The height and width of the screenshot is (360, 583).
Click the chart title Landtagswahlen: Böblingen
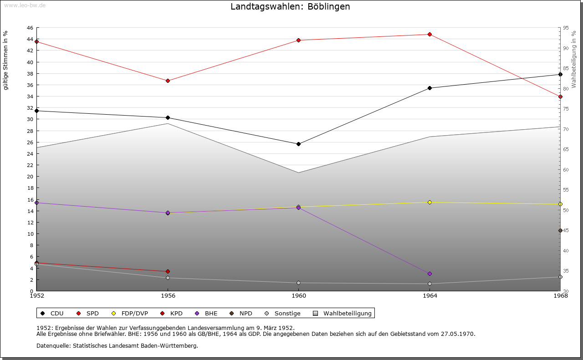(290, 6)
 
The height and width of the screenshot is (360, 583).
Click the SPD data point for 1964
(430, 34)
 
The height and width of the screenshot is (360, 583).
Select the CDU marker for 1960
(299, 144)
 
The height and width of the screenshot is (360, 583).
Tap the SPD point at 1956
(168, 81)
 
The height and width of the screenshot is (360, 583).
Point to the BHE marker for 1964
(430, 274)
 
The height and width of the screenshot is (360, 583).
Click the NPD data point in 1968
(560, 230)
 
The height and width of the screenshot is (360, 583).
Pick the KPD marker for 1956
(168, 271)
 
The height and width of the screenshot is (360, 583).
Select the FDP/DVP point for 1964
(430, 202)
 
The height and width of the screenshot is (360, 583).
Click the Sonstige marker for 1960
(299, 283)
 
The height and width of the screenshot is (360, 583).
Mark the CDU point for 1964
(430, 88)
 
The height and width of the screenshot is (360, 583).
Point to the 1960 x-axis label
(299, 296)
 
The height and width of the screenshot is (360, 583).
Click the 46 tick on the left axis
(30, 28)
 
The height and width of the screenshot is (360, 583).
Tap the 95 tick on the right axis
(566, 28)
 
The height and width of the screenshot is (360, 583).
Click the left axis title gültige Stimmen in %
(6, 60)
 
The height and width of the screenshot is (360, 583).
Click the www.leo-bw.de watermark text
(24, 5)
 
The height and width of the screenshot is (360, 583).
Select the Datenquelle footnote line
(117, 345)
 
